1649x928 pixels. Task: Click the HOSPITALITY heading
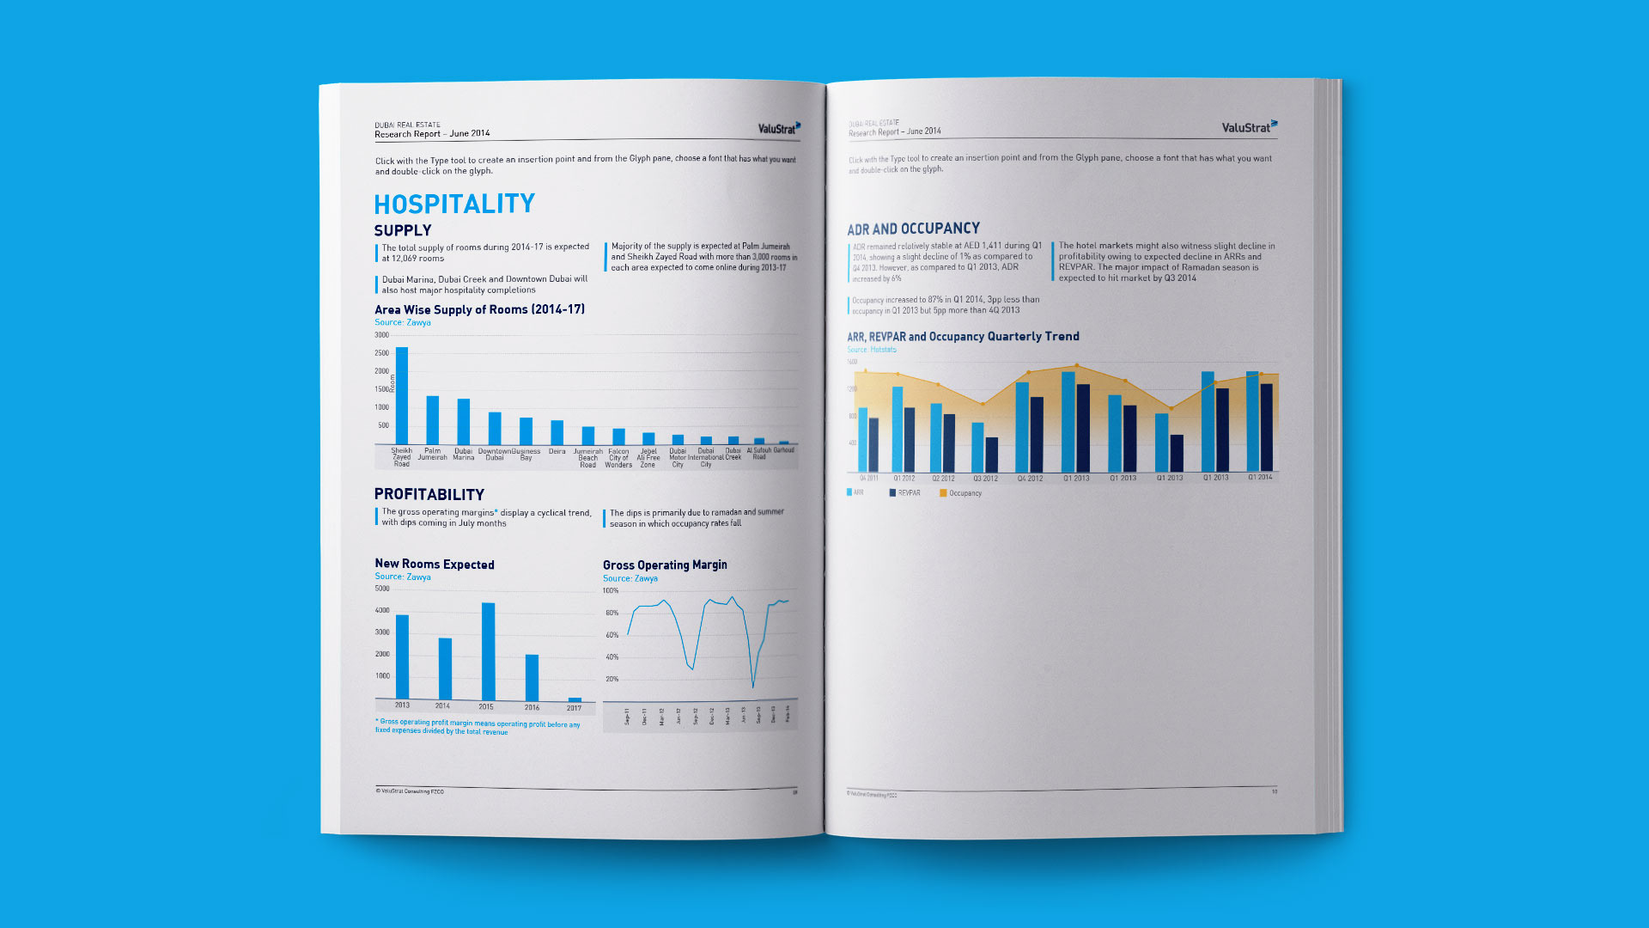tap(454, 204)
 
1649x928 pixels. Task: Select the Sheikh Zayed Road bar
tap(402, 395)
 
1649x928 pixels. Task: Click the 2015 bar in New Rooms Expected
tap(488, 651)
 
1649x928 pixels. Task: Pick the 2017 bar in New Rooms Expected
tap(575, 699)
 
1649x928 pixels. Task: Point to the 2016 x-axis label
tap(532, 707)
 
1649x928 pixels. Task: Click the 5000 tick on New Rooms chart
tap(382, 589)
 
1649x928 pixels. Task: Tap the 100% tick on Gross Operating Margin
tap(611, 591)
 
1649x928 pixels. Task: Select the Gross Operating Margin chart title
tap(665, 565)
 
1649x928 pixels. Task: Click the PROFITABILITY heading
tap(429, 494)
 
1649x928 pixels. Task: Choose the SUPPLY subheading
tap(403, 230)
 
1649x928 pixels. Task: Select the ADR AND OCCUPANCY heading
tap(913, 229)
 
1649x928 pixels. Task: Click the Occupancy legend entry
tap(961, 493)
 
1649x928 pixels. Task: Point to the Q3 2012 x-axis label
tap(985, 479)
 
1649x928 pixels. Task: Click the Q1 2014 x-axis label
tap(1260, 477)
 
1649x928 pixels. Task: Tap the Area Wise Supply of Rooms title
tap(479, 309)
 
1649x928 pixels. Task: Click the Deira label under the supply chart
tap(557, 451)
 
